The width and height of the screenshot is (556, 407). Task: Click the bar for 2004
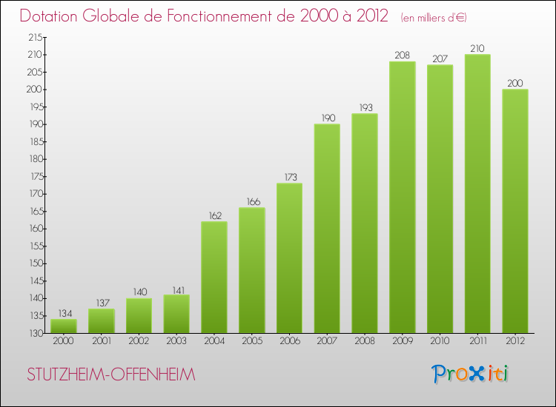(214, 277)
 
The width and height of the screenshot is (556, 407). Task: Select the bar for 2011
(477, 194)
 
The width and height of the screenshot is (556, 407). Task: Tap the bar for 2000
(64, 326)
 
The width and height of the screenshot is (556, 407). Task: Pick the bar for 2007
(327, 229)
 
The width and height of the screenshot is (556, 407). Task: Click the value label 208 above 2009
(403, 55)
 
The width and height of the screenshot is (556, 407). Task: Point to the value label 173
(290, 178)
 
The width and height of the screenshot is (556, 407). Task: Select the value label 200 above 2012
(515, 84)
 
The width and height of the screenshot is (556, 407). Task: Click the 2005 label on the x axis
(252, 342)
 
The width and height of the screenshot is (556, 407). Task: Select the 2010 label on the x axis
(440, 342)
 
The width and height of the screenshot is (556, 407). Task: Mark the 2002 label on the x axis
(139, 342)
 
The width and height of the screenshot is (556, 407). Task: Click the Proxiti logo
(471, 374)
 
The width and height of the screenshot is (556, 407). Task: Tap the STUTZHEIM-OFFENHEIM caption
(111, 375)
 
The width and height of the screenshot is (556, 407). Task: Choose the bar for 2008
(365, 223)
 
